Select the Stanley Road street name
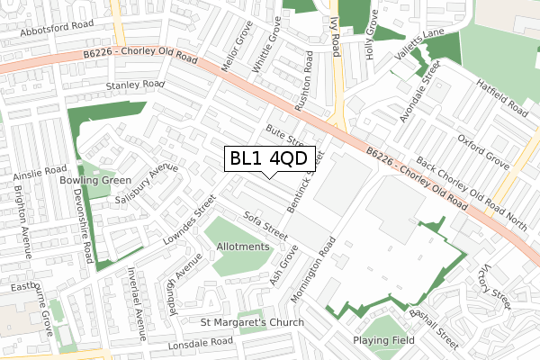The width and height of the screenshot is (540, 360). coord(136,85)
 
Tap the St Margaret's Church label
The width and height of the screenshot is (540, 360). coord(252,322)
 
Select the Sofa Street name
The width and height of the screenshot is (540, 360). coord(265,225)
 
